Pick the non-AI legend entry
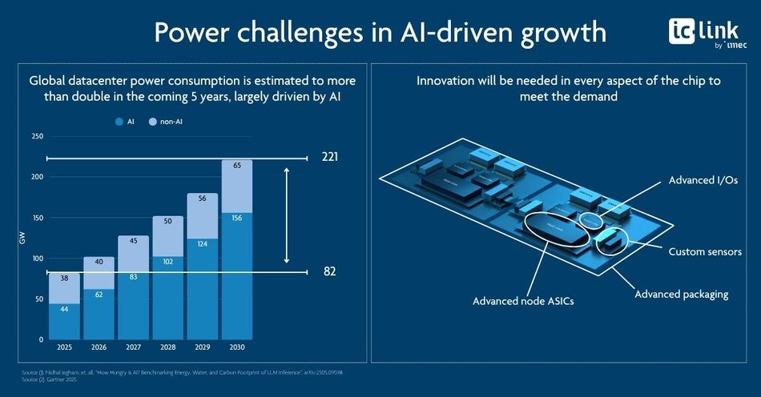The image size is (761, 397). (x=172, y=122)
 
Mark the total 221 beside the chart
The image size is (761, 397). (x=329, y=157)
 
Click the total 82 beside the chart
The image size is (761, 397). (x=329, y=272)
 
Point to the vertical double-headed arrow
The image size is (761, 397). (x=286, y=215)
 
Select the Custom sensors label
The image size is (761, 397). (x=705, y=252)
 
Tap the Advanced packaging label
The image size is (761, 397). (x=681, y=294)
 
